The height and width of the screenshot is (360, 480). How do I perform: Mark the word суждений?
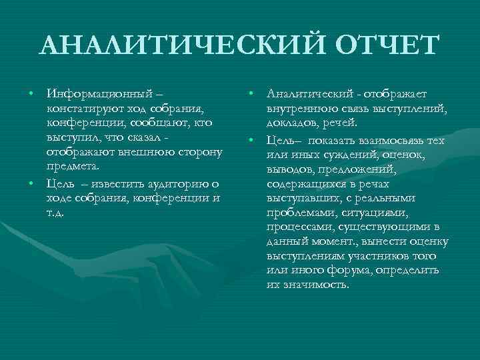tap(353, 153)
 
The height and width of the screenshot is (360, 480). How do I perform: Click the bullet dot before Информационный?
tap(31, 94)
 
